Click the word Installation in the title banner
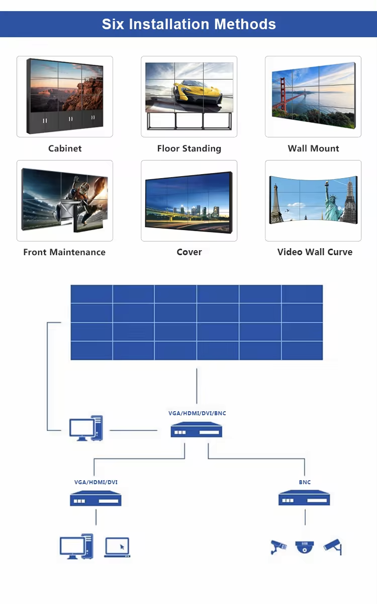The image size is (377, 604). (169, 24)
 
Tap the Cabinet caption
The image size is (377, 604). (65, 148)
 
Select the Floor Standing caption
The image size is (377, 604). (189, 148)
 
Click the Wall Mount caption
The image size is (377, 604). (313, 148)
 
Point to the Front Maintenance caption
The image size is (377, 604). (64, 252)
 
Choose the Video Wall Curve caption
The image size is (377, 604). (315, 252)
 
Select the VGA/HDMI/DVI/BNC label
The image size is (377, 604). (197, 413)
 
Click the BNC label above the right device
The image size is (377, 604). (305, 482)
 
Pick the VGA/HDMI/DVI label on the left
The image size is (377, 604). (96, 482)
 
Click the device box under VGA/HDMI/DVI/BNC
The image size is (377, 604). (197, 429)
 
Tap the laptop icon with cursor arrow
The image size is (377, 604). (117, 547)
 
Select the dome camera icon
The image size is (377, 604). (305, 547)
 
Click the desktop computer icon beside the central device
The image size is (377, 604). (86, 428)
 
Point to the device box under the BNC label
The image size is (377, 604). (304, 497)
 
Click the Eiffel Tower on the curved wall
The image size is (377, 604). (275, 203)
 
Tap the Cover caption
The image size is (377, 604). (189, 252)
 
